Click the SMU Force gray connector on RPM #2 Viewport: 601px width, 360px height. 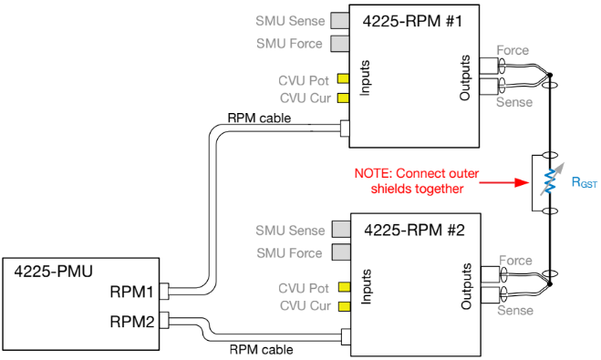click(341, 252)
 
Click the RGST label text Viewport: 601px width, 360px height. click(584, 182)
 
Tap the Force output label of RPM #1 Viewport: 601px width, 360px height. click(513, 50)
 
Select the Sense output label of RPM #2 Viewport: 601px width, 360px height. click(513, 311)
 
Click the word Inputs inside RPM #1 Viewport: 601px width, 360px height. click(364, 71)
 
